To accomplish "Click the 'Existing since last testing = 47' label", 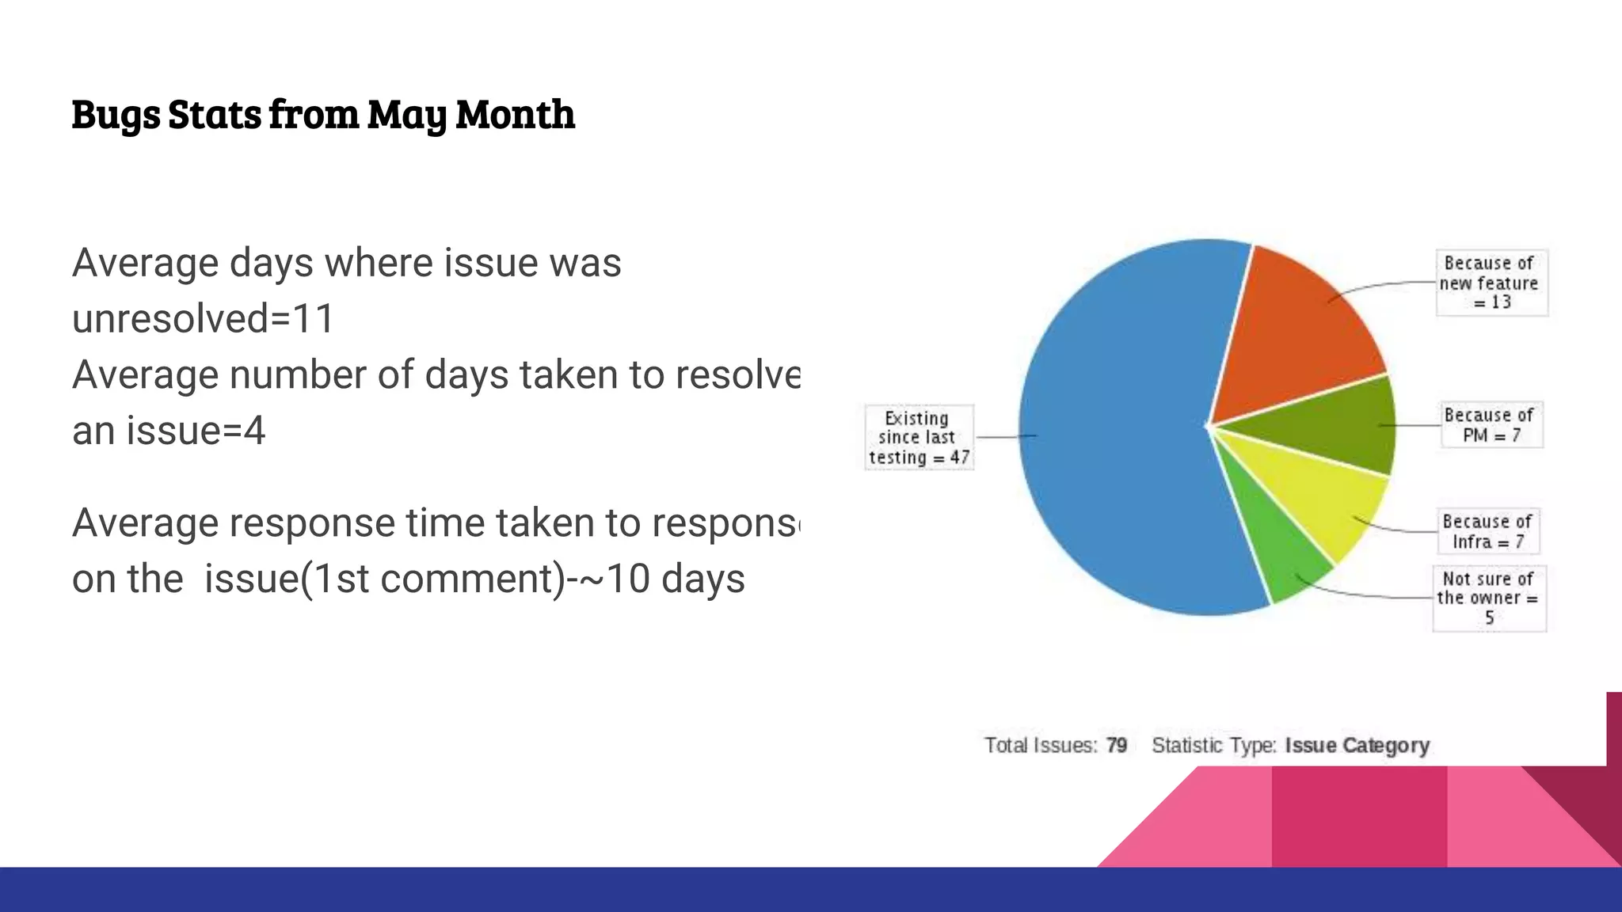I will pos(919,438).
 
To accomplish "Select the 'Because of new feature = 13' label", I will pos(1491,283).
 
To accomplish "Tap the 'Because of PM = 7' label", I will pos(1491,425).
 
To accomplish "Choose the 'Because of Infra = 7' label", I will pos(1488,531).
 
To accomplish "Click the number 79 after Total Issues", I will pos(1117,746).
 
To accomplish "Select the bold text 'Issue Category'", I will pos(1357,746).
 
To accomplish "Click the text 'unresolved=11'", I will pos(204,319).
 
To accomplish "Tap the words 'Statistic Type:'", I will pos(1214,746).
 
